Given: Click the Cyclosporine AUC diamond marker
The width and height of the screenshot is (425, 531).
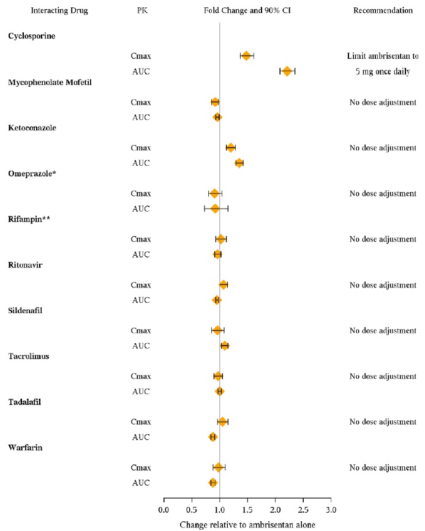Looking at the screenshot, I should point(287,72).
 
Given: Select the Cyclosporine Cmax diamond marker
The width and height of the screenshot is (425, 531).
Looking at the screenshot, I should point(246,56).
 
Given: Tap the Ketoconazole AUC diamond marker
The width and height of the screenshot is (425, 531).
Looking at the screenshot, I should point(239,163).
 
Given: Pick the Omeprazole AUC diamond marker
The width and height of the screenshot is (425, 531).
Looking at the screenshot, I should point(215,209).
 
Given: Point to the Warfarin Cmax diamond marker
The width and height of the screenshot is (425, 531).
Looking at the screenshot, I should point(219,468).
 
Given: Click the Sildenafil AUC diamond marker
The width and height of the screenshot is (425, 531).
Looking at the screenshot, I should point(225,346).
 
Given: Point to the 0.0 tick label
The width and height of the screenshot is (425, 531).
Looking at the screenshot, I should point(164,510).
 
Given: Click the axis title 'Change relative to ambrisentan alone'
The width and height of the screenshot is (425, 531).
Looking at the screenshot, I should point(247,525).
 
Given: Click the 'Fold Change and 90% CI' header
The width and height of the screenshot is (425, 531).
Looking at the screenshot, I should point(247,11).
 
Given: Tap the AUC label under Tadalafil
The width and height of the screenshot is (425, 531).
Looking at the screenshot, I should point(141,437).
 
